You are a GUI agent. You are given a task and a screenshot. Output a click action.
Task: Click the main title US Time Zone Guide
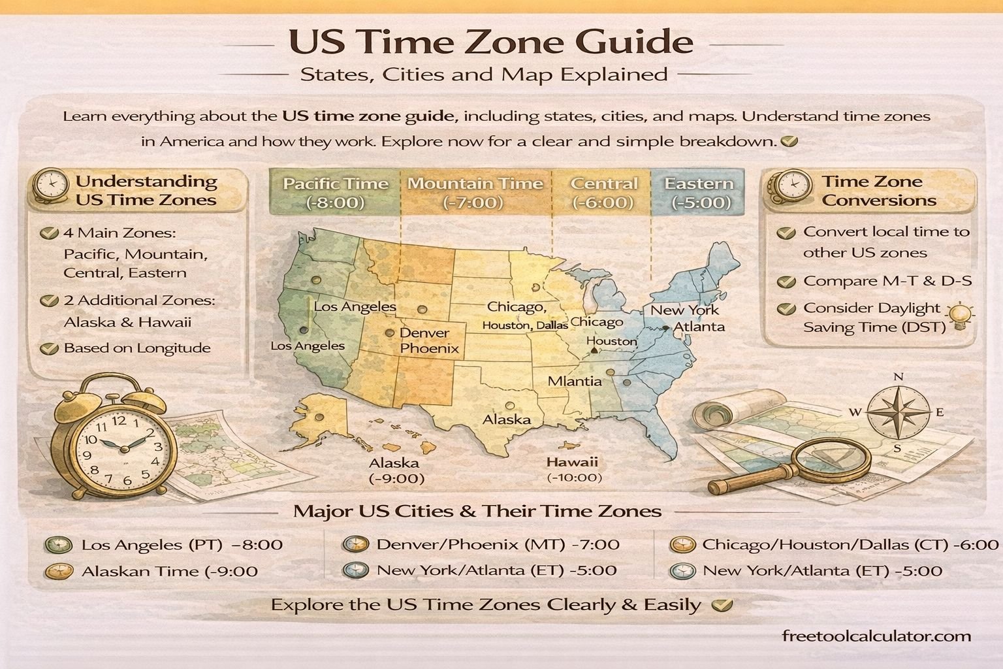click(x=490, y=42)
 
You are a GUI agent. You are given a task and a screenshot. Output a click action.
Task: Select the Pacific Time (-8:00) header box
click(x=335, y=193)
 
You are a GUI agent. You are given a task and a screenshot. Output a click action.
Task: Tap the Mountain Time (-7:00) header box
click(x=475, y=193)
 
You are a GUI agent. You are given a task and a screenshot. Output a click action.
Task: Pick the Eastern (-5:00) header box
click(x=699, y=193)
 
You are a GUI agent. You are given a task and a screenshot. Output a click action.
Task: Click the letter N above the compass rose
click(x=899, y=377)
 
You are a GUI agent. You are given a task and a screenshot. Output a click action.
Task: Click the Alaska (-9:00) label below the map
click(x=394, y=470)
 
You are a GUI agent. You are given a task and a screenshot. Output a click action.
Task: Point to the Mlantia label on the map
click(x=575, y=381)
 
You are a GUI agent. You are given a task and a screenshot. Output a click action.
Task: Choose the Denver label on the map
click(x=424, y=333)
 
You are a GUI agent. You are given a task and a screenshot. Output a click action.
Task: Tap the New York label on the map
click(x=684, y=310)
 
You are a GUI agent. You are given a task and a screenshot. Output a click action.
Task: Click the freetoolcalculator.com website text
click(x=876, y=636)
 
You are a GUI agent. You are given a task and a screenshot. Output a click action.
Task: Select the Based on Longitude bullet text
click(x=136, y=348)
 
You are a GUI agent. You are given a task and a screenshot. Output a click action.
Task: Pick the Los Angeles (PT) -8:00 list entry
click(x=182, y=544)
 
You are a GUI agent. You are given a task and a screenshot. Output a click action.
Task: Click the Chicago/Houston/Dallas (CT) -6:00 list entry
click(x=850, y=544)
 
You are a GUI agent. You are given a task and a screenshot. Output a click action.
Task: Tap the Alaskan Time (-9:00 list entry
click(x=169, y=572)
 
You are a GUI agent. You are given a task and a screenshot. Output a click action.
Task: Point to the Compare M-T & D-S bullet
click(x=887, y=281)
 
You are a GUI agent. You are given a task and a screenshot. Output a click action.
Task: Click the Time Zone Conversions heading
click(x=878, y=191)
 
